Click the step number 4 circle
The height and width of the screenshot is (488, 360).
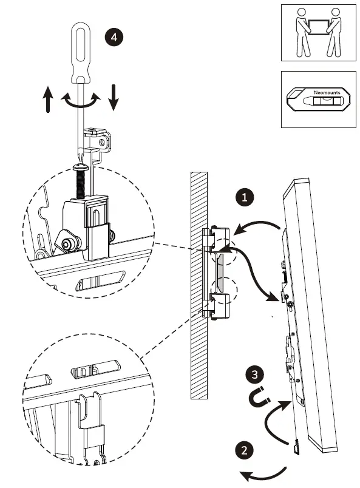(113, 36)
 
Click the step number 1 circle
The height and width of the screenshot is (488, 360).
(243, 198)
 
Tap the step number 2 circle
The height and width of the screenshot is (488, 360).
(243, 450)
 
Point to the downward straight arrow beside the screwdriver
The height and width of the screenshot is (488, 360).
(113, 98)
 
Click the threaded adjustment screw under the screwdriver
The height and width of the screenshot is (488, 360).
(79, 181)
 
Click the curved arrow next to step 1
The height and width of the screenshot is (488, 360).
(258, 226)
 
